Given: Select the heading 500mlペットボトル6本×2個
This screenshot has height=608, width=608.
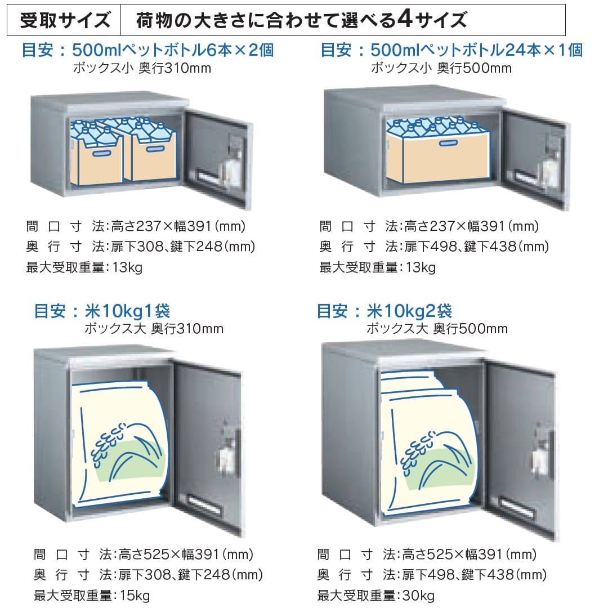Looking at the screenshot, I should click(x=173, y=50).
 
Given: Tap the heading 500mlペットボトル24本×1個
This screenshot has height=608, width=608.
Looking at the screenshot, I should click(x=477, y=50).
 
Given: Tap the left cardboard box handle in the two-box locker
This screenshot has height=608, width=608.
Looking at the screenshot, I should click(x=102, y=153).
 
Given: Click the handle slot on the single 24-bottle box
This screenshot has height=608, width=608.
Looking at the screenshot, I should click(x=447, y=145).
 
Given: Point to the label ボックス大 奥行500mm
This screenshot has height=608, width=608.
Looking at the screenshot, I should click(x=437, y=329).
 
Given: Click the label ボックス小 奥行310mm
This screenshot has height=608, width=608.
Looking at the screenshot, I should click(x=142, y=69).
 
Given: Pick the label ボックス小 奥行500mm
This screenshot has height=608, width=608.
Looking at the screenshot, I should click(x=441, y=69).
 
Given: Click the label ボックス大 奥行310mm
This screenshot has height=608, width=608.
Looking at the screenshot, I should click(x=154, y=329).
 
